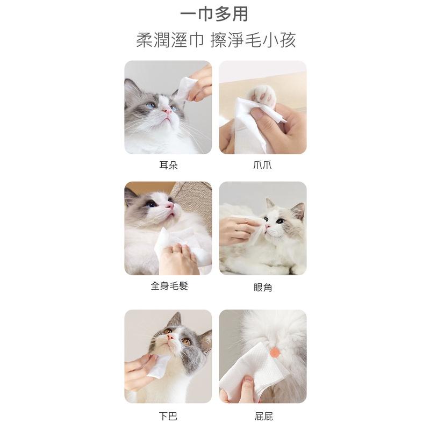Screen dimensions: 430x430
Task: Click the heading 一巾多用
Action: click(x=214, y=15)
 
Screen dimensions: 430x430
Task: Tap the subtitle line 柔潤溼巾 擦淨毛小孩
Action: click(x=216, y=40)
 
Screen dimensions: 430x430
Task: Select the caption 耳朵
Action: click(x=168, y=166)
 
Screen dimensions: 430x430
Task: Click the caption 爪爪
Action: click(x=262, y=166)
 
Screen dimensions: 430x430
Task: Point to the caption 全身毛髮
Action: click(x=169, y=286)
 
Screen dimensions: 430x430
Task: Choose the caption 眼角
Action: click(x=263, y=288)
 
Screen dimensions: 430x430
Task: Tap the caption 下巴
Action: click(x=168, y=416)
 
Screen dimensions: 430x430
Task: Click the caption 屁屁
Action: click(x=263, y=417)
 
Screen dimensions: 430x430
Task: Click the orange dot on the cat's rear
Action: click(x=275, y=352)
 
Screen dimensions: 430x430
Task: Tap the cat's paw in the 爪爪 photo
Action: click(x=261, y=95)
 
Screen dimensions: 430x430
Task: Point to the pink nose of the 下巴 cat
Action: click(x=170, y=336)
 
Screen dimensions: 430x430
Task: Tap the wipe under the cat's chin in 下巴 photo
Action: click(x=158, y=367)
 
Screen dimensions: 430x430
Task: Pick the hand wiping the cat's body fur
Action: click(x=178, y=259)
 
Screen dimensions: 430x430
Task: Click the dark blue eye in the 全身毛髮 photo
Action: click(x=150, y=204)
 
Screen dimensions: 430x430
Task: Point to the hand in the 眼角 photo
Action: click(x=238, y=230)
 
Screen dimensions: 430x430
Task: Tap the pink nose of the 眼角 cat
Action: click(x=268, y=226)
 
